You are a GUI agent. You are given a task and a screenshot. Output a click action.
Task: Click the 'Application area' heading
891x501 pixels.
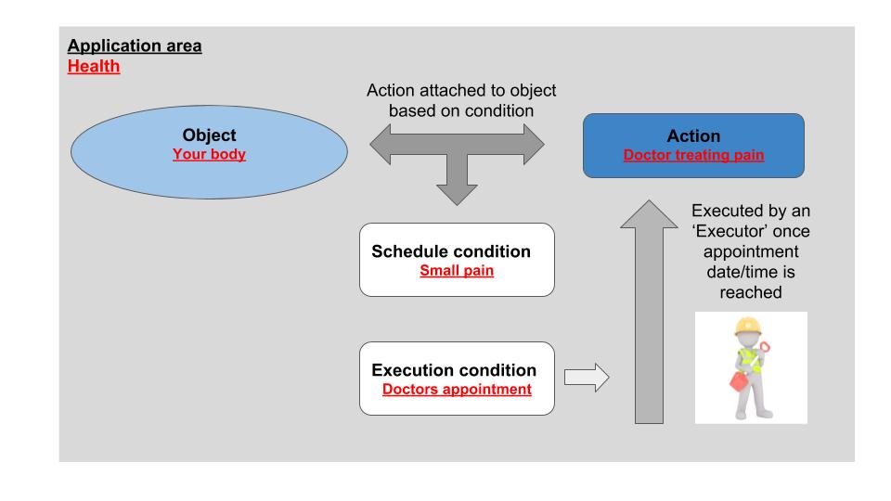point(135,45)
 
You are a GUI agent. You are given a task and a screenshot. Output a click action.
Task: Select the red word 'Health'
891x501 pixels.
point(94,66)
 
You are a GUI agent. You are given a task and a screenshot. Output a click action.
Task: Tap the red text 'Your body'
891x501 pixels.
point(209,154)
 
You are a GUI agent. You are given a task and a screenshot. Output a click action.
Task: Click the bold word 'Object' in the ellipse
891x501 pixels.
point(209,135)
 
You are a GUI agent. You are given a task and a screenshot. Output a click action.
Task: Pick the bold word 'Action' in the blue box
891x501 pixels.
point(693,135)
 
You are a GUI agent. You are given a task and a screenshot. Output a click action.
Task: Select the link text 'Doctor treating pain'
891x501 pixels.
point(693,155)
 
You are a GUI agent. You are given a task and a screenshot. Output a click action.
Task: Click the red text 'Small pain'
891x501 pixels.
point(457,270)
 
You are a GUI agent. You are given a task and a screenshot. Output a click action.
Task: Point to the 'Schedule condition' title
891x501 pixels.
point(451,251)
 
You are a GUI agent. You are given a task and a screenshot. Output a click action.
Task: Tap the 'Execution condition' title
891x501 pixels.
point(454,370)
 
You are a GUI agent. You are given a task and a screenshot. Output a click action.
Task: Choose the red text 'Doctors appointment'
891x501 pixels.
point(457,389)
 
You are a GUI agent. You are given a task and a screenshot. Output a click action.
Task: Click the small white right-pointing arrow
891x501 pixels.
point(587,378)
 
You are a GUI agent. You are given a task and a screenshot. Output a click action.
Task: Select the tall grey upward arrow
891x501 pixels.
point(649,313)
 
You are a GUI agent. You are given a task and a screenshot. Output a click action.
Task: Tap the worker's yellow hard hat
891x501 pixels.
point(747,327)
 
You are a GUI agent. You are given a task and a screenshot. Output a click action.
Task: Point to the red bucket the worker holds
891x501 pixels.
point(738,381)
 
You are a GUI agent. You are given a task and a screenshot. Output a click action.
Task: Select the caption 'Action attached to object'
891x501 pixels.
point(461,90)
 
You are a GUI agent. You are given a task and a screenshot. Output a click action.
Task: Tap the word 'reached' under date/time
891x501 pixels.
point(751,292)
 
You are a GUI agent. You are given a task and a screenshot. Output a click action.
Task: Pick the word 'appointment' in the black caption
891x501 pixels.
point(751,251)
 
